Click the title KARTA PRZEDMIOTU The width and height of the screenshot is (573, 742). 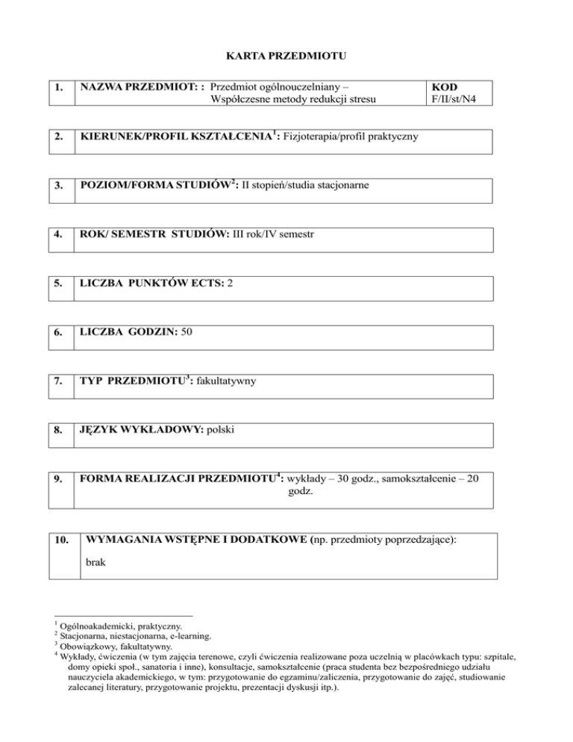tap(286, 54)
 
